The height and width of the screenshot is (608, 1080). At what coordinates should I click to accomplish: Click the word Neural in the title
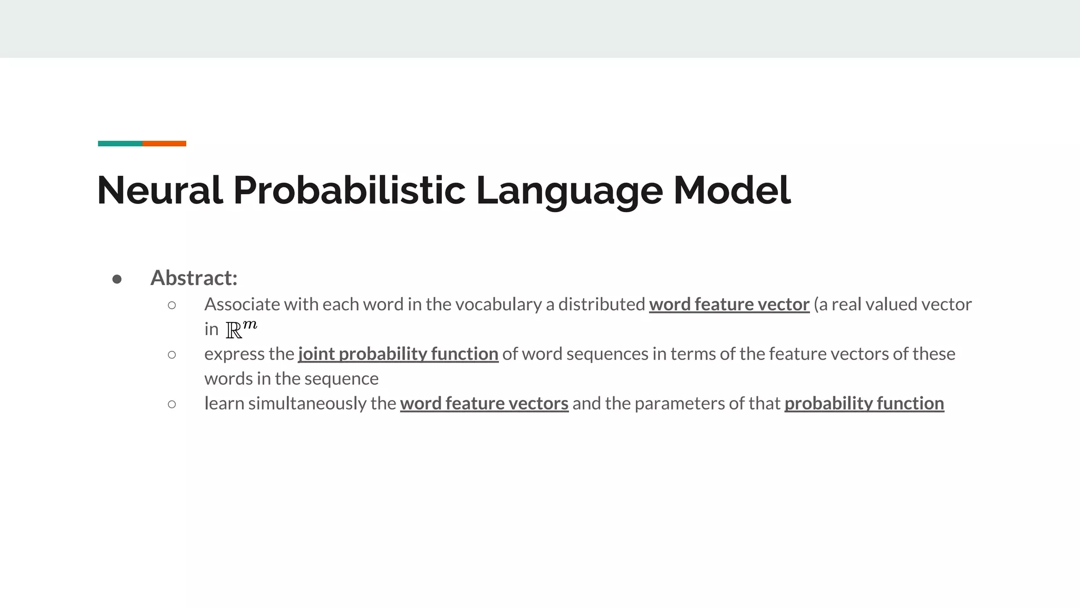pos(160,190)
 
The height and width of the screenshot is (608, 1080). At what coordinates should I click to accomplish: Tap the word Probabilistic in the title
pos(349,190)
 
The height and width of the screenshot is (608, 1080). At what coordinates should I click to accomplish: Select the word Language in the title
pos(569,191)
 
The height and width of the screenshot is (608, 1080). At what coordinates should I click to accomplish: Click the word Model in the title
pos(732,190)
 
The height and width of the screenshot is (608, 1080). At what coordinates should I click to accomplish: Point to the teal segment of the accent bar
pos(120,144)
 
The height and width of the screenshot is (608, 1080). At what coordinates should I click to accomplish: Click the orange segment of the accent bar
pos(164,144)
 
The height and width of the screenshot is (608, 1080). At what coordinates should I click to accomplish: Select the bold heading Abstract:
pos(194,278)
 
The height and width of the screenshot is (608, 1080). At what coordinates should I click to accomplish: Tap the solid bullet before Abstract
pos(117,279)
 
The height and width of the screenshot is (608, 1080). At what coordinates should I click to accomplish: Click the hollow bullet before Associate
pos(172,305)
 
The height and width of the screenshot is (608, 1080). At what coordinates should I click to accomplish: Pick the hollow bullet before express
pos(172,355)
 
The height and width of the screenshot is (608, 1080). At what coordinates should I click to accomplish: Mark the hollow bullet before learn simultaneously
pos(172,404)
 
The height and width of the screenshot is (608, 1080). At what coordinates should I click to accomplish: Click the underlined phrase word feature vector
pos(729,305)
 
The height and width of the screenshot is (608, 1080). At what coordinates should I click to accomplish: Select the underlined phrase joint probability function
pos(398,354)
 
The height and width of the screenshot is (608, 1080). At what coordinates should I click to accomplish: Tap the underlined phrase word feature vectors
pos(484,404)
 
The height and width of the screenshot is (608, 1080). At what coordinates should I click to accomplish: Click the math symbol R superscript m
pos(241,329)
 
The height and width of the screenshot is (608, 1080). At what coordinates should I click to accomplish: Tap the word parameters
pos(678,404)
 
